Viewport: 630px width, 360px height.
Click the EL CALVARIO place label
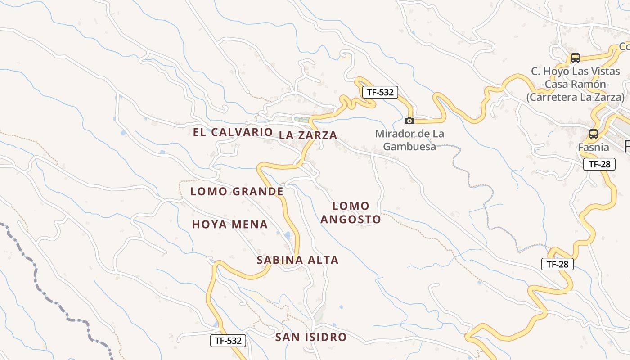[233, 132]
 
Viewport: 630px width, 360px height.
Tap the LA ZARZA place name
[308, 135]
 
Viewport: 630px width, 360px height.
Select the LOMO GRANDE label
[237, 191]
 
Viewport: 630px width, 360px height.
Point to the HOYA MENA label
[230, 225]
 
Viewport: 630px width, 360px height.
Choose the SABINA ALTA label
[297, 260]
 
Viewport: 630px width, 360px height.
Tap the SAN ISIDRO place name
[311, 337]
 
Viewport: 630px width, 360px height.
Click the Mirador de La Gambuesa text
[409, 140]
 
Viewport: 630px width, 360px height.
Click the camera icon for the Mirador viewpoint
[409, 121]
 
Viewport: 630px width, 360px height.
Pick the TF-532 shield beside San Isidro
[228, 341]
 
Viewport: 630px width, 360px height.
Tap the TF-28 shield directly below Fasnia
[599, 164]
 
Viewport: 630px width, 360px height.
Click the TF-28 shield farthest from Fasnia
[558, 264]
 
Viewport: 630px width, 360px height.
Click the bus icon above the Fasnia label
[594, 134]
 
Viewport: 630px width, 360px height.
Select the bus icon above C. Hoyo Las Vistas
[575, 58]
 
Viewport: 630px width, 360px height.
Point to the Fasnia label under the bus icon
[594, 147]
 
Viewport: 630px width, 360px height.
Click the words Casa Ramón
[576, 84]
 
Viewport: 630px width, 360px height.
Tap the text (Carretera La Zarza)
[576, 97]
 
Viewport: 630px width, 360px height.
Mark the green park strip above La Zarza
[302, 119]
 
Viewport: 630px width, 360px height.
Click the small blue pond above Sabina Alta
[287, 235]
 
